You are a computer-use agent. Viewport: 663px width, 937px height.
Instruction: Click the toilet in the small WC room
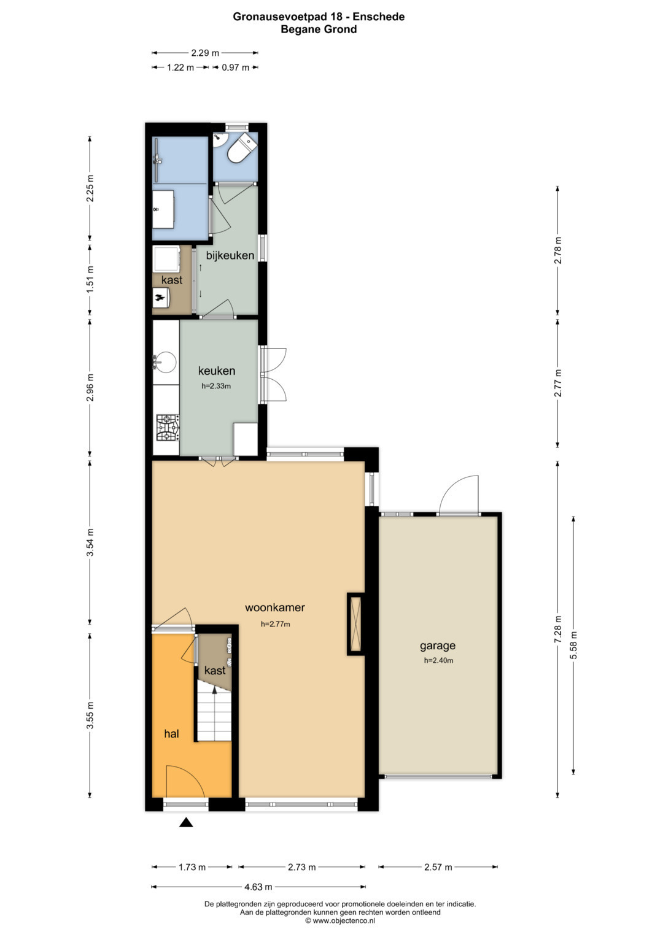(x=241, y=148)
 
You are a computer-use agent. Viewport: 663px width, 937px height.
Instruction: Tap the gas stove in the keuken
(x=168, y=428)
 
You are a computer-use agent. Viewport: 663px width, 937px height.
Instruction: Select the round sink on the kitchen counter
(x=165, y=362)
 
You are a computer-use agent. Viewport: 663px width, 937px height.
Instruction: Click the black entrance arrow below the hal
(x=186, y=823)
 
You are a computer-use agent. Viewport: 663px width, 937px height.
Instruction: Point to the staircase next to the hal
(x=215, y=715)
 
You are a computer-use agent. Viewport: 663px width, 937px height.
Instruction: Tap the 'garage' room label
(x=438, y=646)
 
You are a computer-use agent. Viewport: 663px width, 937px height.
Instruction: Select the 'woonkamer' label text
(x=274, y=607)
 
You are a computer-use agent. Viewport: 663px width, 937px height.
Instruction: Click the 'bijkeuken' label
(x=230, y=255)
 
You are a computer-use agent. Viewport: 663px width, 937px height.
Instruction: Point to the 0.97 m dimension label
(x=235, y=67)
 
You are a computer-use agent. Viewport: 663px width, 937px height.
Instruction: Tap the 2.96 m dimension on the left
(x=90, y=387)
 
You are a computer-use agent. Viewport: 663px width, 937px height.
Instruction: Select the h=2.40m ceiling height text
(x=438, y=660)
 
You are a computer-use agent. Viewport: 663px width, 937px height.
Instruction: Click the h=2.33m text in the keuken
(x=216, y=386)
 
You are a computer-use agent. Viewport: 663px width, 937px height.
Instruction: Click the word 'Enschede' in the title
(x=378, y=17)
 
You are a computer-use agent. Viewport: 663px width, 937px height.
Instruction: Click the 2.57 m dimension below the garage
(x=438, y=867)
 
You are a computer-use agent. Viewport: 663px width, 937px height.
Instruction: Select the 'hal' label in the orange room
(x=172, y=733)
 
